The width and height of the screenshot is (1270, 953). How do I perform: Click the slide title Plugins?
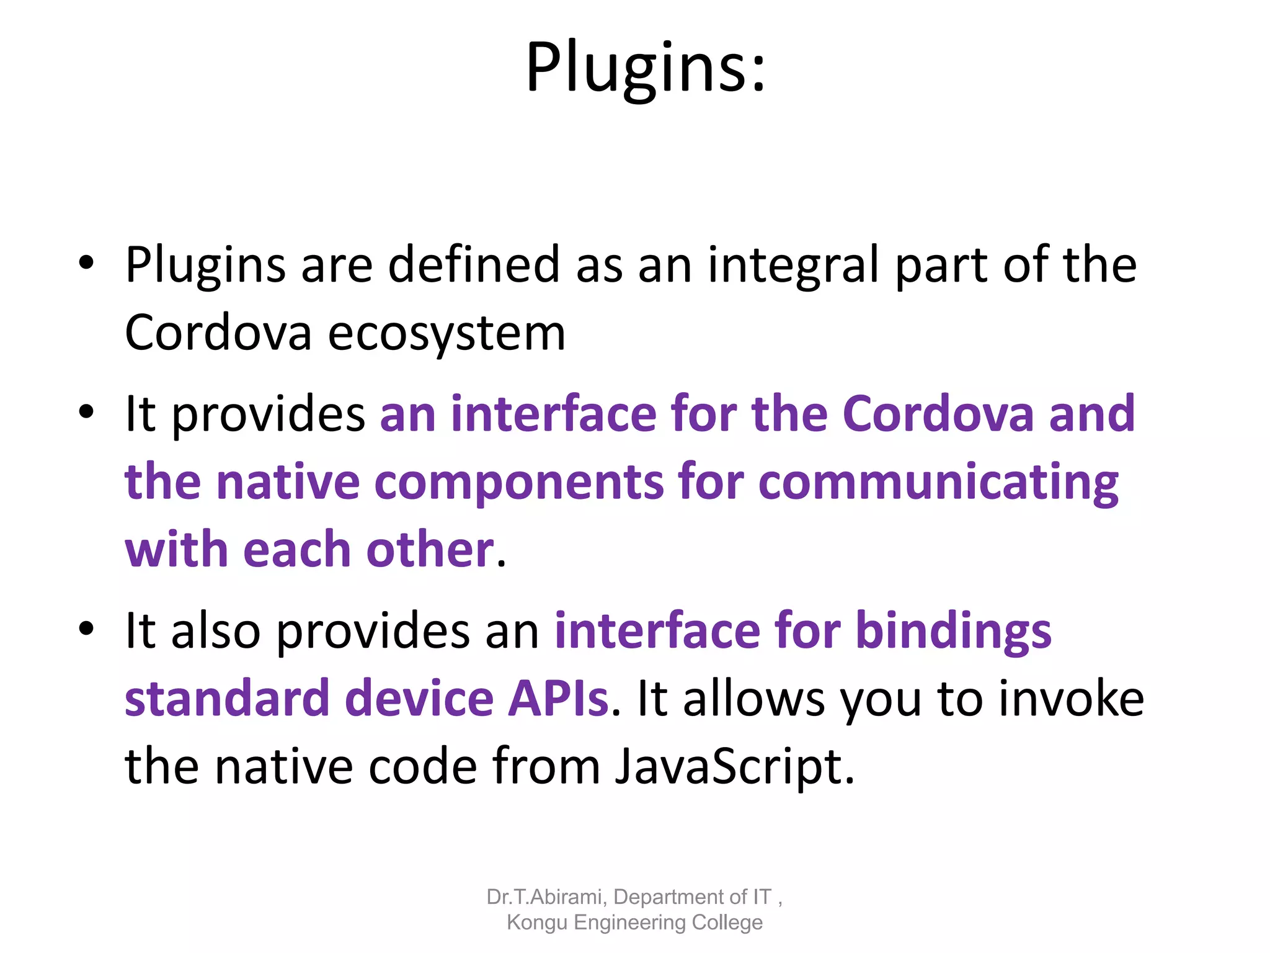[x=645, y=67]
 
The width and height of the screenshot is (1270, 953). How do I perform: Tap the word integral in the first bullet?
[x=793, y=265]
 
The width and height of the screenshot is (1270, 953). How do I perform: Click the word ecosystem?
[x=446, y=334]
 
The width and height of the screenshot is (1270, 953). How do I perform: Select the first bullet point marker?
[x=86, y=263]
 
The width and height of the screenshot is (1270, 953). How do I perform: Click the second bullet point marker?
[x=86, y=412]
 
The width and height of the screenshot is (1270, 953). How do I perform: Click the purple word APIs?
[x=558, y=699]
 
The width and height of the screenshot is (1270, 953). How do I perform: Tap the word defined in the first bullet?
[x=474, y=265]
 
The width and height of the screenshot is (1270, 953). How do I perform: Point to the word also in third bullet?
[x=215, y=631]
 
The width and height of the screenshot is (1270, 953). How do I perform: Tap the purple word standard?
[x=227, y=699]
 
